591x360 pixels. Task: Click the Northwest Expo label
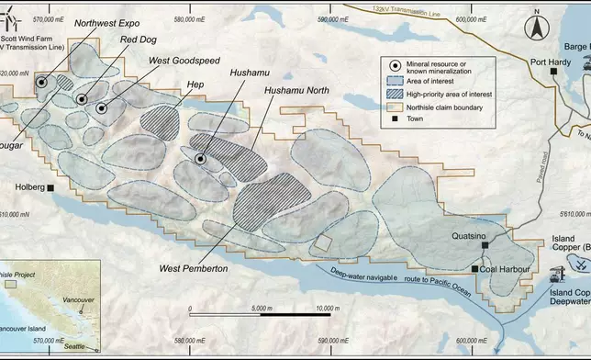pos(108,23)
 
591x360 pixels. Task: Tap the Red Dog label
pos(138,40)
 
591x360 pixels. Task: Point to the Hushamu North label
pos(295,91)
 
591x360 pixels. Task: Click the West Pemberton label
pos(193,268)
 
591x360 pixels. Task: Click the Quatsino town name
pos(471,234)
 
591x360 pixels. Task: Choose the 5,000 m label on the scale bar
pos(259,308)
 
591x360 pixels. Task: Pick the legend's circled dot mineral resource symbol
pos(394,66)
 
